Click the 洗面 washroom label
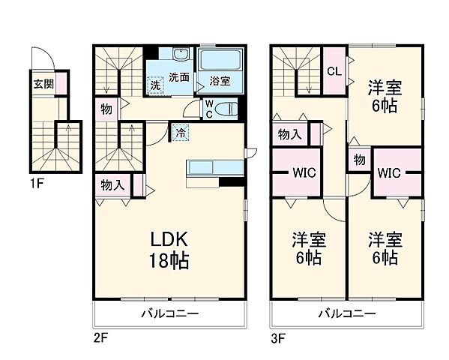tap(178, 76)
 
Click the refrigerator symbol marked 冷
tap(181, 130)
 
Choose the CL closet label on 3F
tap(334, 71)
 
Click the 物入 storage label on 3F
tap(289, 135)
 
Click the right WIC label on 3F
tap(388, 172)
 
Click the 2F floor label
tap(101, 337)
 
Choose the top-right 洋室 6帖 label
tap(385, 97)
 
